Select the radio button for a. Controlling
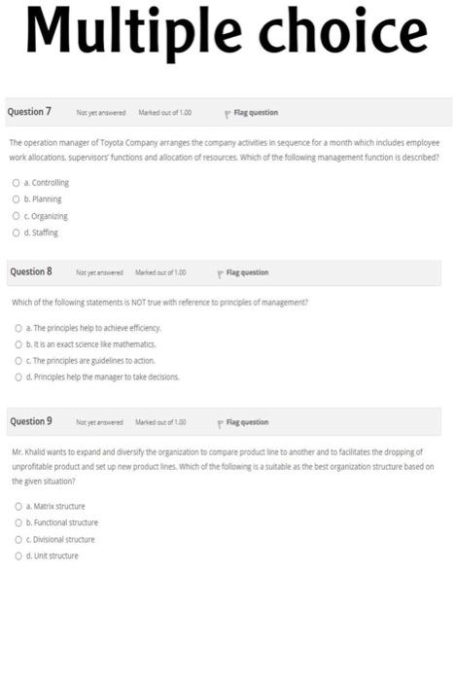pos(16,182)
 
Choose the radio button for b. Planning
pos(16,198)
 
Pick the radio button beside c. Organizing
pos(16,216)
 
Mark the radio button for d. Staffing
pos(16,233)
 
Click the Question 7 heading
pos(30,112)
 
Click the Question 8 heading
pos(30,271)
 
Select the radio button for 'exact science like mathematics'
pos(17,343)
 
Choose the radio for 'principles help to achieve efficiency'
pos(17,327)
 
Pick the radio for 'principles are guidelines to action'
pos(17,360)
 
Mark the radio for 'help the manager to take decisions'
pos(17,376)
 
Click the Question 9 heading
pos(30,421)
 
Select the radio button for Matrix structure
pos(17,506)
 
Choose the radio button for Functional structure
pos(17,522)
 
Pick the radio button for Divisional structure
pos(17,539)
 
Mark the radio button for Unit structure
pos(17,556)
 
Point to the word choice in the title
pos(334,35)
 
